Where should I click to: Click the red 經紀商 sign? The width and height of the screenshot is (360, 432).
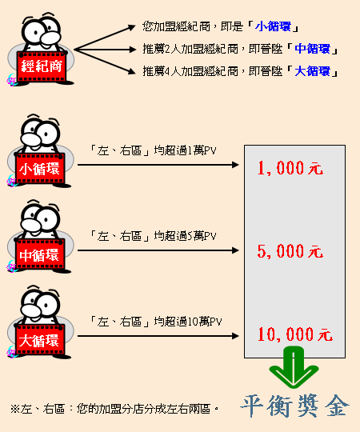[42, 66]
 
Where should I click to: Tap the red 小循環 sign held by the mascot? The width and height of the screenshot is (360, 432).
[40, 169]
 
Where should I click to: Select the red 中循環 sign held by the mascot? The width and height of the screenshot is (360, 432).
[40, 254]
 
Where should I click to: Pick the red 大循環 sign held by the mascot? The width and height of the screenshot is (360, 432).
[40, 340]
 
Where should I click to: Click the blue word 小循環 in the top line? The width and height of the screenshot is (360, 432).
[273, 26]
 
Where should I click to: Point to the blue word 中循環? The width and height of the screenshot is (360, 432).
[312, 49]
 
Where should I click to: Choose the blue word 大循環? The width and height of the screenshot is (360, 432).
[312, 71]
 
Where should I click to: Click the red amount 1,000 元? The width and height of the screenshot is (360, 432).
[290, 168]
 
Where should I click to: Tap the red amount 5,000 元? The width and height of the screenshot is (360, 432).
[290, 251]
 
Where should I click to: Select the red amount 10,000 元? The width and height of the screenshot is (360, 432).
[295, 334]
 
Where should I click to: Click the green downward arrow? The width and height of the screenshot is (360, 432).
[294, 368]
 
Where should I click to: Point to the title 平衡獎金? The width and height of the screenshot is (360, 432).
[295, 406]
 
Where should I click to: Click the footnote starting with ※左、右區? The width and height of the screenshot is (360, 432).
[114, 409]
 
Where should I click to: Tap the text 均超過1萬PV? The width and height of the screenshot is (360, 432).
[185, 150]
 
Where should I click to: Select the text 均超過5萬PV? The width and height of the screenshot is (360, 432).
[185, 236]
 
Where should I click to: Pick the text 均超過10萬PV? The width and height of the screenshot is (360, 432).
[188, 322]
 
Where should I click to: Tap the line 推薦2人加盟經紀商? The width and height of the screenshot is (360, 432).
[190, 49]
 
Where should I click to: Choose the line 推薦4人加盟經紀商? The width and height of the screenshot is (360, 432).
[190, 71]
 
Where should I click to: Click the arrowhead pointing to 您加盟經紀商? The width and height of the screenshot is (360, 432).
[132, 27]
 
